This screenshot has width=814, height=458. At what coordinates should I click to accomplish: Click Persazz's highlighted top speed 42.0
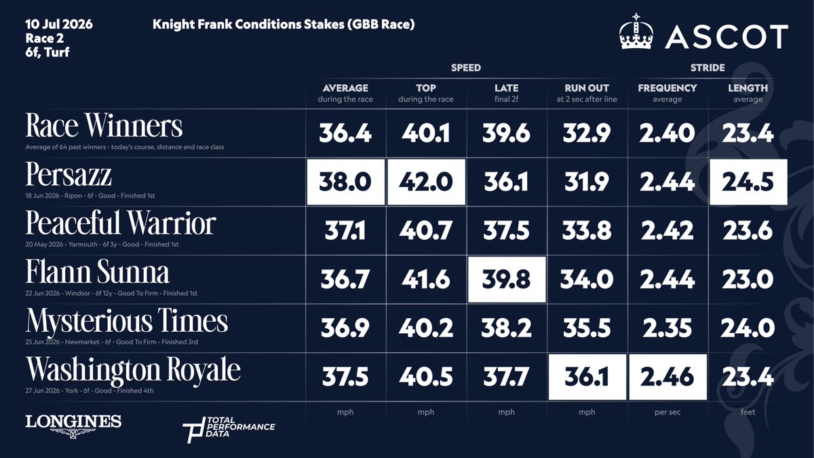(x=426, y=182)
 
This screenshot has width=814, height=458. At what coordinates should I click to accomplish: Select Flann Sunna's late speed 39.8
(x=506, y=280)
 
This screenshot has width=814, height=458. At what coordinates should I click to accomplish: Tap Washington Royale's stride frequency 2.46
(x=667, y=377)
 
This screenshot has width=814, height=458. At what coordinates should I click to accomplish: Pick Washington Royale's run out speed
(x=587, y=377)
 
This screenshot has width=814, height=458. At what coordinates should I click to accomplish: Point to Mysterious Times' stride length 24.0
(x=748, y=328)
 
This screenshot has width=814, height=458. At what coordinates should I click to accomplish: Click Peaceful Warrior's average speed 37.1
(x=345, y=231)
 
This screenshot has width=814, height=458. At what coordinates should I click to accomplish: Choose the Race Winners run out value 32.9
(x=587, y=133)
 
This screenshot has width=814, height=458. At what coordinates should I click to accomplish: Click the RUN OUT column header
(x=587, y=88)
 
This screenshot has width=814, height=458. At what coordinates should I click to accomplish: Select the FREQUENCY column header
(x=667, y=88)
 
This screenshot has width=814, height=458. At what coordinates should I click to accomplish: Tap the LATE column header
(x=506, y=88)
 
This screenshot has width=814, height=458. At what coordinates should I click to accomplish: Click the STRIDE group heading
(x=708, y=68)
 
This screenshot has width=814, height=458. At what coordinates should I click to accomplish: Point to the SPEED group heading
(x=466, y=68)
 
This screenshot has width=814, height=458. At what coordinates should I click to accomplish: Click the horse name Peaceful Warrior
(x=121, y=223)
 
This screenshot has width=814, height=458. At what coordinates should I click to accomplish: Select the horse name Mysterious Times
(x=127, y=322)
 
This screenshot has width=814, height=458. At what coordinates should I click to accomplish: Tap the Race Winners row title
(x=104, y=126)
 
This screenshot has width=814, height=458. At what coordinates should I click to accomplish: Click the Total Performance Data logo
(x=229, y=430)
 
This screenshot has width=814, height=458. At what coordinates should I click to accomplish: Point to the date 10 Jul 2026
(x=59, y=24)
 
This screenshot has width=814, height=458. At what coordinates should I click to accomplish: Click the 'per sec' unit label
(x=667, y=412)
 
